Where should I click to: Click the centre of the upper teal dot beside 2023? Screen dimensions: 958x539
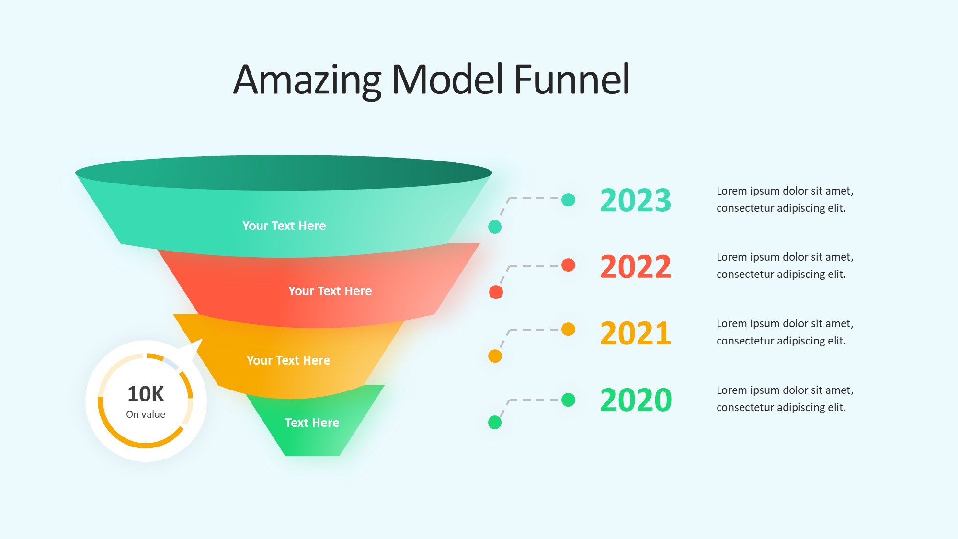(568, 200)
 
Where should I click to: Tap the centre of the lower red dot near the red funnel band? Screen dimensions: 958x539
(496, 292)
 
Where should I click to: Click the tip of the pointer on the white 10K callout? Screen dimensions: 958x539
(203, 339)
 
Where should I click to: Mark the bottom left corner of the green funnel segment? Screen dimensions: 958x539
(285, 456)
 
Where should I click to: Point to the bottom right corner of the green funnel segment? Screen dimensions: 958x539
(340, 456)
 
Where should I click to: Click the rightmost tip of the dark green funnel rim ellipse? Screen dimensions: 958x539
(492, 173)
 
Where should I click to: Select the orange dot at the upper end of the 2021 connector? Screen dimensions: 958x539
(568, 330)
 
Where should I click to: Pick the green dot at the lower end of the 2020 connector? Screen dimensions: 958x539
(495, 422)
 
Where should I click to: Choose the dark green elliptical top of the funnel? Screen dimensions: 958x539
(284, 172)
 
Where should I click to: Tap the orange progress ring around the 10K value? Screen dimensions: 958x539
(146, 446)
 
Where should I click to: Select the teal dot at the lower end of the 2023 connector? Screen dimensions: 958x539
(495, 227)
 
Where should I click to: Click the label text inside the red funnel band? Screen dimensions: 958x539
(330, 291)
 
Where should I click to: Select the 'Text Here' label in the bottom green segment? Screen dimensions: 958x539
(312, 423)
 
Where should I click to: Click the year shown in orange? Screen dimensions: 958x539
(636, 333)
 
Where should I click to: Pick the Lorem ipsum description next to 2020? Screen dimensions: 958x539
(785, 399)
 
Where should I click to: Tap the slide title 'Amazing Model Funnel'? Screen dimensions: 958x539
(431, 80)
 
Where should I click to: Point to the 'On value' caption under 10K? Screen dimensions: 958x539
(146, 414)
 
